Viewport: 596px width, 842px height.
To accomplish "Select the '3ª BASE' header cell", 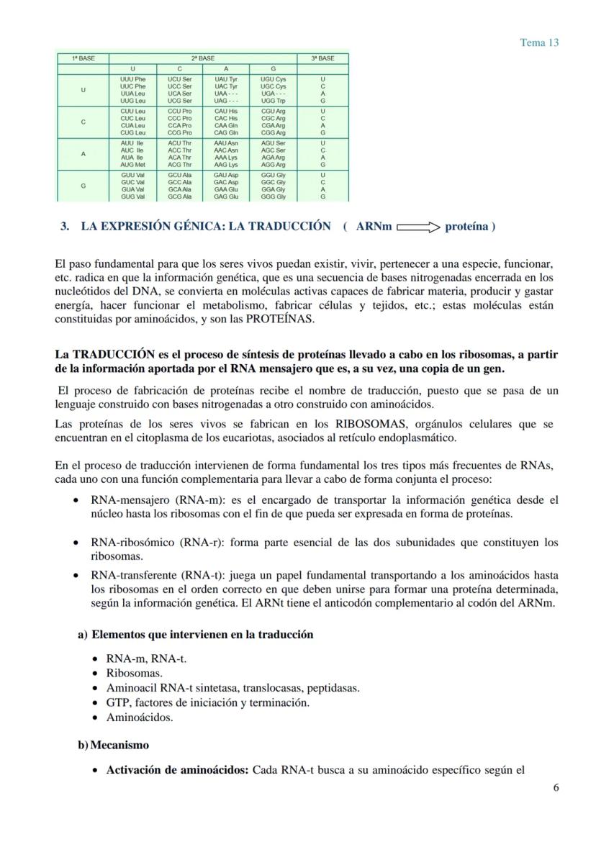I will coord(322,58).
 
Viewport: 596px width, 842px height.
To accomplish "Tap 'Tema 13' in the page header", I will coord(539,42).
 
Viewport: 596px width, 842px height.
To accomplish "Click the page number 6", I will coord(556,787).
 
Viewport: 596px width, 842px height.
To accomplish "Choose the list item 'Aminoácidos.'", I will coord(140,717).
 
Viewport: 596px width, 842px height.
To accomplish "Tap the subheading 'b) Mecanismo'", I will coord(114,745).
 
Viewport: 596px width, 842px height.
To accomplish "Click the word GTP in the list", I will coord(117,702).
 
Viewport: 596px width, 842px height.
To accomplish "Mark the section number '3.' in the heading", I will coord(65,227).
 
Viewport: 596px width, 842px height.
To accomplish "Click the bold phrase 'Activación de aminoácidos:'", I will coord(177,770).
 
